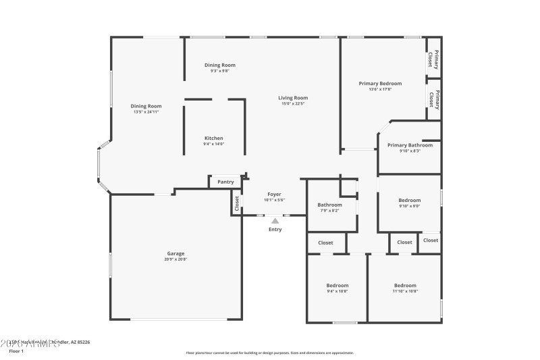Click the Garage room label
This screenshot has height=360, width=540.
point(175,253)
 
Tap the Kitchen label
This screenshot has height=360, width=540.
point(213,138)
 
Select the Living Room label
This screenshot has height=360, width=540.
point(293,98)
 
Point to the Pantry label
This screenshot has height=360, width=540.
point(226,181)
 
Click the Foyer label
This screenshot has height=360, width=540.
point(274,194)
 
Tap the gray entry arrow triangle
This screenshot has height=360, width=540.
point(275,220)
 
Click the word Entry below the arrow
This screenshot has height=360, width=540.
point(275,230)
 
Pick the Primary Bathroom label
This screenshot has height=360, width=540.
point(410,145)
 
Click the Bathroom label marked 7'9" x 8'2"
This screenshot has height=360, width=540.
point(330,205)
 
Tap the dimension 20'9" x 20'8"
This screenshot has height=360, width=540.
point(175,259)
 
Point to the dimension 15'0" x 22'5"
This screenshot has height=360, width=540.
point(293,104)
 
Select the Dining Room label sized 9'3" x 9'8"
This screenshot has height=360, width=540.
point(220,65)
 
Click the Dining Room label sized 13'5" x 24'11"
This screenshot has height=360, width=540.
point(146,105)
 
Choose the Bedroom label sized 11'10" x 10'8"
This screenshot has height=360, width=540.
point(405,285)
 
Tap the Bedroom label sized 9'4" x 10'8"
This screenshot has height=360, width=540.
point(337,285)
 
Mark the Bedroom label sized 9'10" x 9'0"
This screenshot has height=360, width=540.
point(409,200)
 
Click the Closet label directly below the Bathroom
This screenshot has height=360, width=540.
point(325,242)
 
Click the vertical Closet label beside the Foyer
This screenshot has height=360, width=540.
point(237,202)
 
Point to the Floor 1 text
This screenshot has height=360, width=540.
point(16,351)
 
